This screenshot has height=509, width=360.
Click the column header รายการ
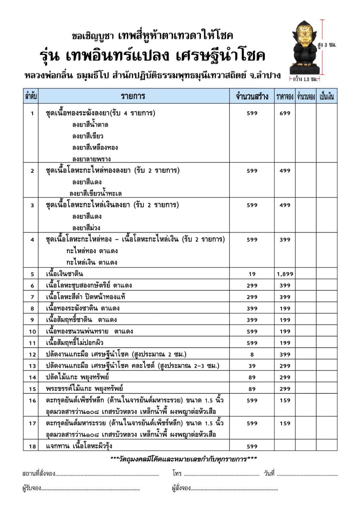pos(133,96)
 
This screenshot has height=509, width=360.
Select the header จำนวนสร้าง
pos(252,97)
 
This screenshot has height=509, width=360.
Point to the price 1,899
pos(285,274)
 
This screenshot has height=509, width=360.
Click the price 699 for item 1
pos(285,113)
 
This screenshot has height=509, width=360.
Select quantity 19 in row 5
pos(252,274)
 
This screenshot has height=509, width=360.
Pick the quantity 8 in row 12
pos(252,354)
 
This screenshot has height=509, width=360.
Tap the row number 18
pos(32,446)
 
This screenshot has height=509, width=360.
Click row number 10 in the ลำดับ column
pos(32,331)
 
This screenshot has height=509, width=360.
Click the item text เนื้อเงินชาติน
pos(65,274)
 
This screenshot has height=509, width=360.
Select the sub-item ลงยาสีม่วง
pos(86,228)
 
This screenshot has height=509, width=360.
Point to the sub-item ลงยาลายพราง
pos(91,159)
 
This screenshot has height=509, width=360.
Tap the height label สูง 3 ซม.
pos(327,44)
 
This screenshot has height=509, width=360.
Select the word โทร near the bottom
pos(177,473)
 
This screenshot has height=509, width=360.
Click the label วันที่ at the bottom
pos(269,473)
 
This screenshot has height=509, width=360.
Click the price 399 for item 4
pos(285,239)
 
